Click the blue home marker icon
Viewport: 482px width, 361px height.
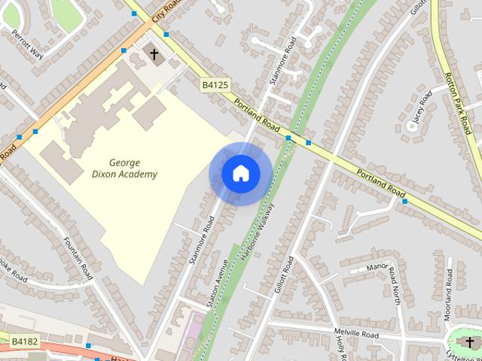point(240,174)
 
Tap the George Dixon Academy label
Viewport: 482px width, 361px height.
point(133,168)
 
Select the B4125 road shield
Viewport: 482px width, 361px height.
point(215,86)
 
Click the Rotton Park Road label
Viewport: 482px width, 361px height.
point(458,102)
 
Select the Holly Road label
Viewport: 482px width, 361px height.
point(340,345)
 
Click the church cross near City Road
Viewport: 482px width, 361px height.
point(154,54)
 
